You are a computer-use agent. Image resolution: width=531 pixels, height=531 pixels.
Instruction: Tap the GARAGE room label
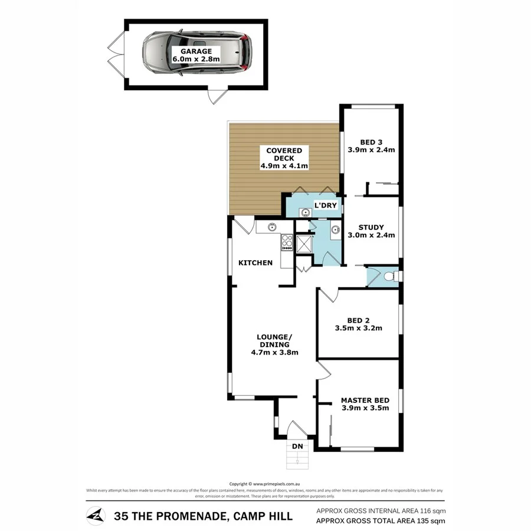point(195,51)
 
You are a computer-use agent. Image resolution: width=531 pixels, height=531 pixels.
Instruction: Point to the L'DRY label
point(324,205)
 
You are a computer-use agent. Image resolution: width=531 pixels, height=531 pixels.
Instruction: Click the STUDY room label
point(371,227)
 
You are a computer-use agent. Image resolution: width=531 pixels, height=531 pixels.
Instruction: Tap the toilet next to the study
point(389,276)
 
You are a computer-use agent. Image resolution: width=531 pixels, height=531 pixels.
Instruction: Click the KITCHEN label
point(255,263)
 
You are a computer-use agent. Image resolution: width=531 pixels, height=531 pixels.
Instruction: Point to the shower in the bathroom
point(304,244)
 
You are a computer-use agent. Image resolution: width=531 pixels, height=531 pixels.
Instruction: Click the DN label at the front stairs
point(297,446)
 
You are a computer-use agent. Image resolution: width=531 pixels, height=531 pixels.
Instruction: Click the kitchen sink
point(273,226)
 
